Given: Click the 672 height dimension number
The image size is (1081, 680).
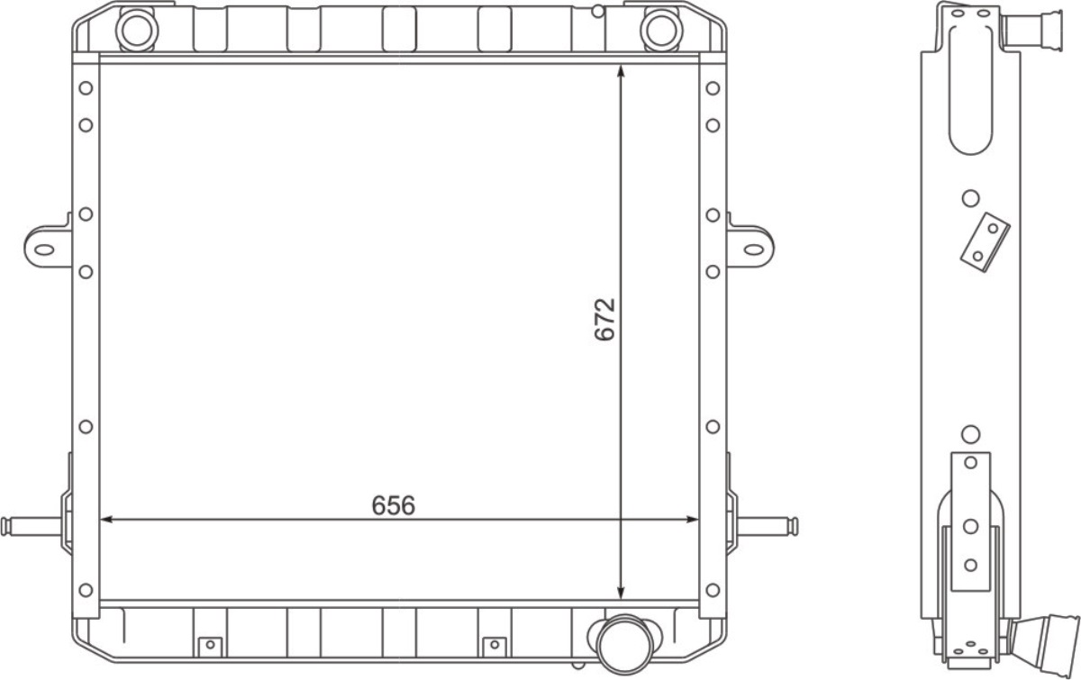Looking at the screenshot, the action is click(604, 320).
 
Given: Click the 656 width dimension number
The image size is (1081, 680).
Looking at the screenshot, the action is click(394, 506).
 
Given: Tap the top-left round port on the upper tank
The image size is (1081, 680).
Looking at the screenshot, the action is click(137, 31).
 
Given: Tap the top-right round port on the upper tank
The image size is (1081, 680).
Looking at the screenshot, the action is click(661, 31).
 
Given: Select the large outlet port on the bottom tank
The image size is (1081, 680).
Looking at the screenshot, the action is click(625, 645).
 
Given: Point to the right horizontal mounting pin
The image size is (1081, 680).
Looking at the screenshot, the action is click(768, 526).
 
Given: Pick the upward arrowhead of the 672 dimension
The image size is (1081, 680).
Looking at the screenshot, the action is click(621, 71).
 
